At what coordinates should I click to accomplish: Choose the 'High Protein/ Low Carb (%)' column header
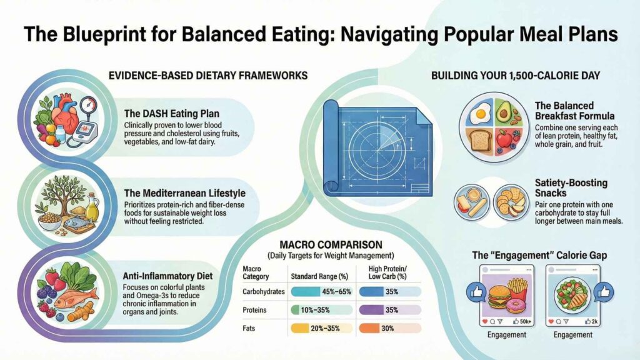[x=388, y=272]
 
